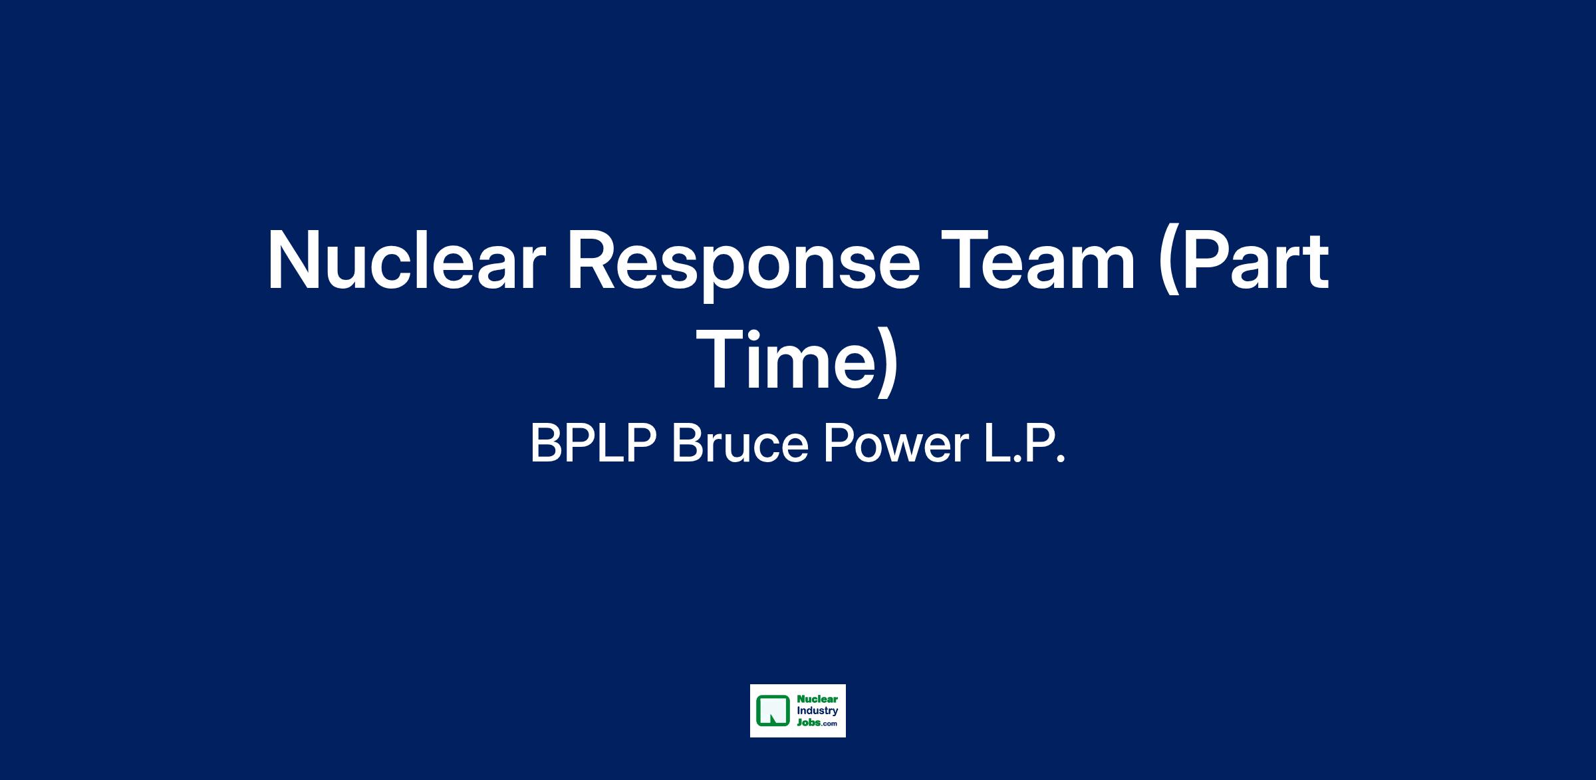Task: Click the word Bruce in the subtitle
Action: tap(740, 444)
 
